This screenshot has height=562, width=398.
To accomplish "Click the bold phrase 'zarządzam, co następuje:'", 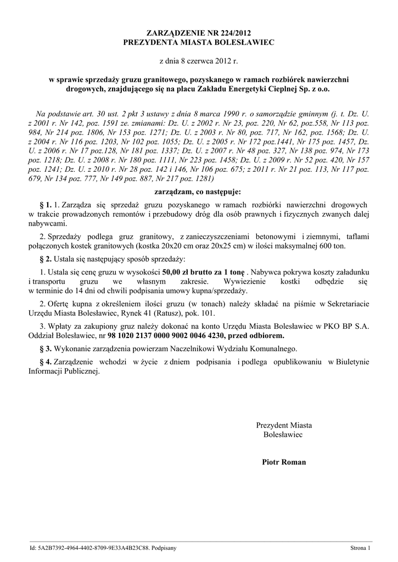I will coord(199,192).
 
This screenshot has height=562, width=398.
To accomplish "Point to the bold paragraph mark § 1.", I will coord(46,205).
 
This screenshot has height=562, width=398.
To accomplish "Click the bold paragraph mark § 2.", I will coord(46,258).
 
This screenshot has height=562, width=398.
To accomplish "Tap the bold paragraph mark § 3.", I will coord(46,349).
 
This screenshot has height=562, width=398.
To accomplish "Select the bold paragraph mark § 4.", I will coord(46,362).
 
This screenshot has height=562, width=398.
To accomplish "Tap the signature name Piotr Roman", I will coord(284,462).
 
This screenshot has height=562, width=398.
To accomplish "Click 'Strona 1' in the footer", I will coord(361,548).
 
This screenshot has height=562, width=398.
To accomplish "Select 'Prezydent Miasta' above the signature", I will coord(284,425).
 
